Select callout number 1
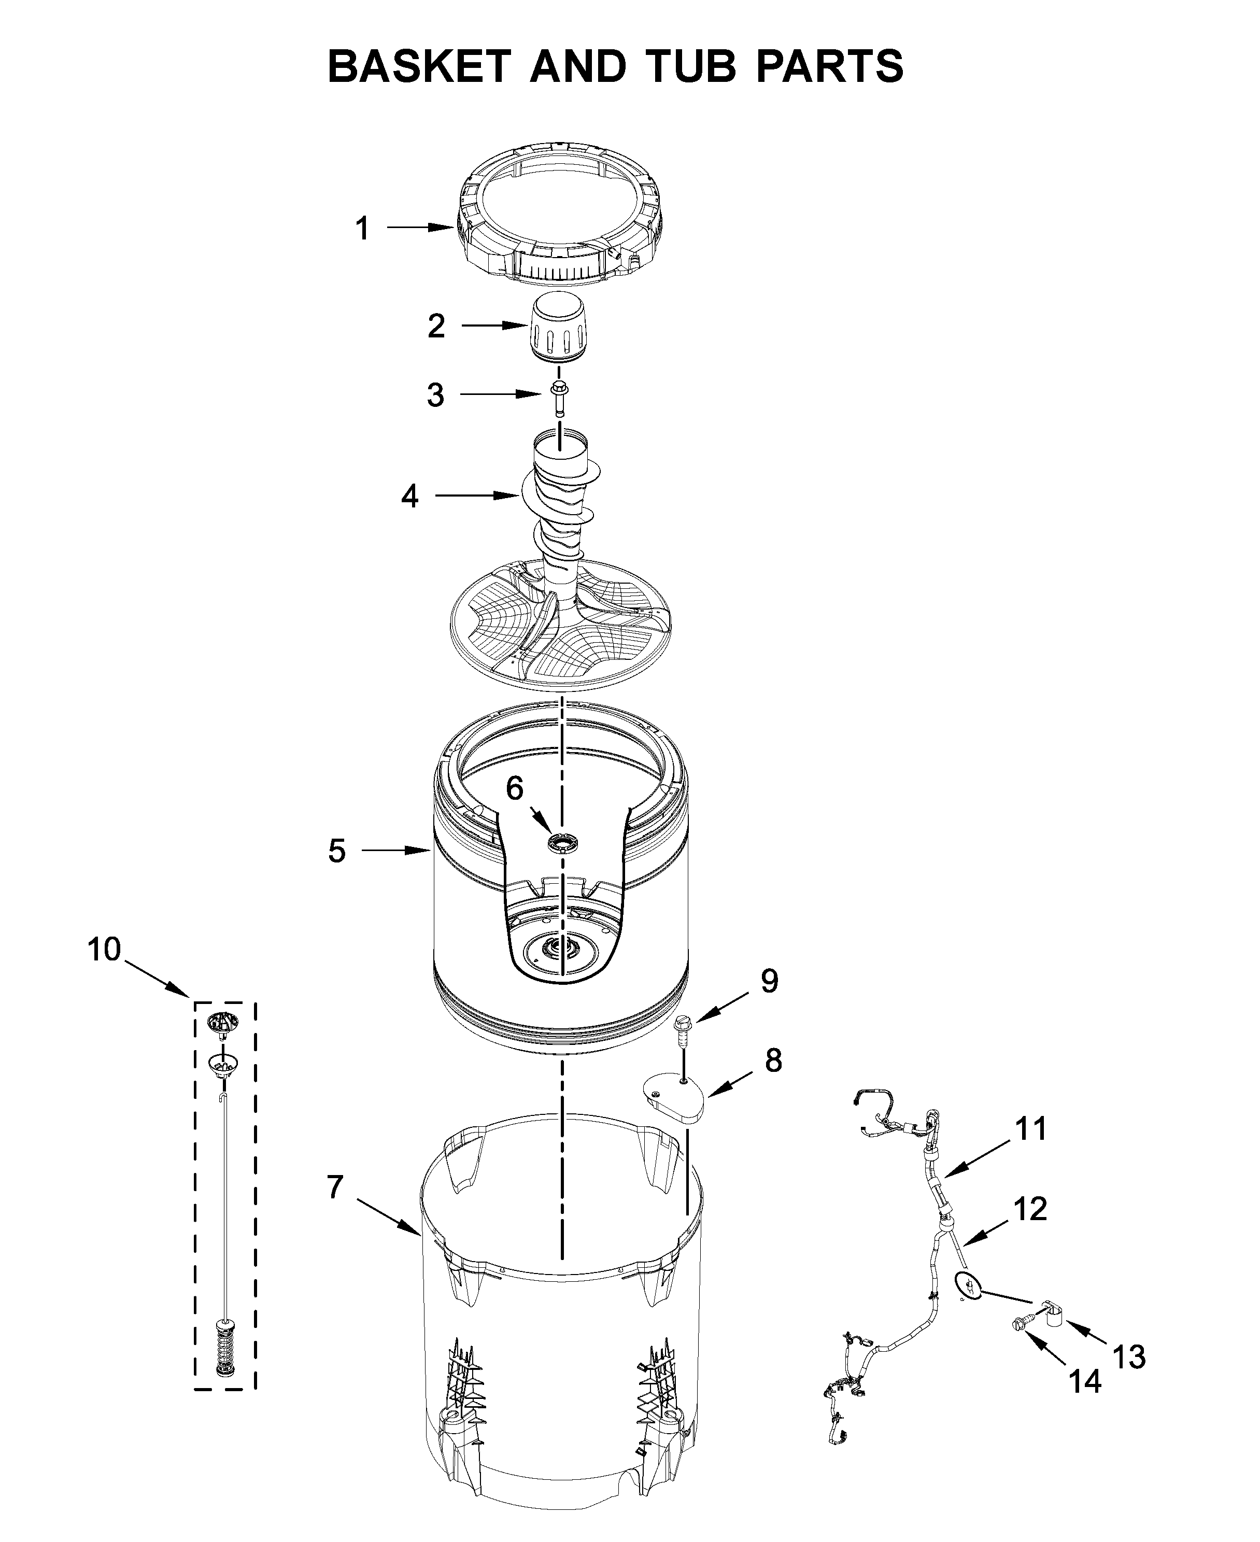[362, 229]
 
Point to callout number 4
[409, 497]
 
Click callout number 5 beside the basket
[337, 851]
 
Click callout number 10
[105, 949]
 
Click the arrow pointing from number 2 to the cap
[493, 327]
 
